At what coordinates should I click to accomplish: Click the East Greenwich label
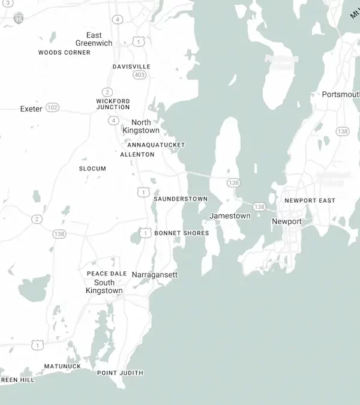pos(94,39)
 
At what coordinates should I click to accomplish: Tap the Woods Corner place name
pos(64,53)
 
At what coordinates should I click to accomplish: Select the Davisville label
pos(131,67)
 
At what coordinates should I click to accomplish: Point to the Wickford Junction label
pos(113,104)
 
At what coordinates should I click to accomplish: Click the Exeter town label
pos(31,109)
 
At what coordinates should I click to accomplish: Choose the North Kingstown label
pos(141,126)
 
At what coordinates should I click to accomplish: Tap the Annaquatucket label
pos(156,145)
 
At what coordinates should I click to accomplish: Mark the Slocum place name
pos(92,169)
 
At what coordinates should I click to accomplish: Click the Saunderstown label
pos(181,199)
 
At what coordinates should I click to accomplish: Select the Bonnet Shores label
pos(182,233)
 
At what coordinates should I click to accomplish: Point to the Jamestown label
pos(230,216)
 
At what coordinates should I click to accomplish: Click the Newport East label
pos(310,200)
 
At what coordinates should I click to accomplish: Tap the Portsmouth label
pos(340,95)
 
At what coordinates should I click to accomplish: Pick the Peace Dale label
pos(107,274)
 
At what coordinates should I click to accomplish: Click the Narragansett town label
pos(155,275)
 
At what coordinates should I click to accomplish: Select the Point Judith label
pos(120,373)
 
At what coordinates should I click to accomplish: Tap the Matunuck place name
pos(62,366)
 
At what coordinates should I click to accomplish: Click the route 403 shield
pos(140,75)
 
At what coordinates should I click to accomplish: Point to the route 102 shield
pos(53,107)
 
